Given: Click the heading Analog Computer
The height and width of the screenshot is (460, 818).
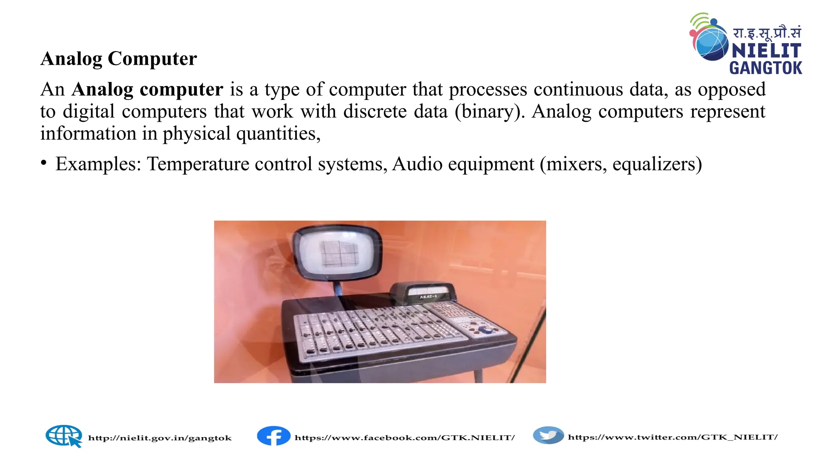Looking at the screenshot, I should point(119,59).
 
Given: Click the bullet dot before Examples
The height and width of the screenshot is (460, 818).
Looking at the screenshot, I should point(44,163).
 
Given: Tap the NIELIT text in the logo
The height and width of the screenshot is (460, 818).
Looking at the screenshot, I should point(766,51).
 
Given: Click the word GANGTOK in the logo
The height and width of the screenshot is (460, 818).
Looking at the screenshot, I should point(765,68).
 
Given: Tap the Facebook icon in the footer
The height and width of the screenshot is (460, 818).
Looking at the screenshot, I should point(274,436).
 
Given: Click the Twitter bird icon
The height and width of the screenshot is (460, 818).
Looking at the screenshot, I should point(548,435).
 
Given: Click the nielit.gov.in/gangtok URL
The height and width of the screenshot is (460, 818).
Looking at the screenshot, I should point(160,438).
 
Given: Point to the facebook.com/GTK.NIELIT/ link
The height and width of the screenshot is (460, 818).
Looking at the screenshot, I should point(405,438).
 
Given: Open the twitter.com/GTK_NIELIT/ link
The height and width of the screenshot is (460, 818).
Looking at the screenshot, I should point(673,437).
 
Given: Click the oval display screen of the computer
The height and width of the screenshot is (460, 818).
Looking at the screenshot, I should point(338,253).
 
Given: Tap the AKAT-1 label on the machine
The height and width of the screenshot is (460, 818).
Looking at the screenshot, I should point(428,297).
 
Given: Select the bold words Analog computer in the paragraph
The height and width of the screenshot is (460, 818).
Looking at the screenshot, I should point(147,89).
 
